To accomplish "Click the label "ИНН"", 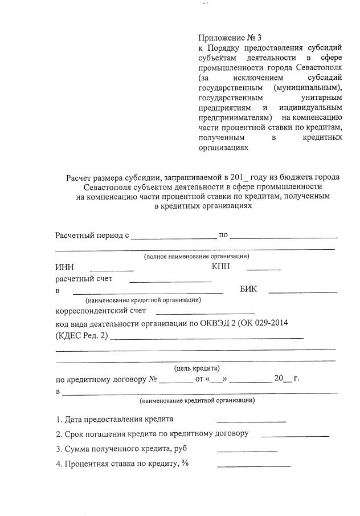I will coord(64,267).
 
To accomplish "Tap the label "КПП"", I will coord(220,267).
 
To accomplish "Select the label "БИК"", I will coord(248,289).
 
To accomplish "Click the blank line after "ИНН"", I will coord(112,269).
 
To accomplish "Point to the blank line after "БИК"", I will coord(302,291).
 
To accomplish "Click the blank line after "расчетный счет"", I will coord(170,281).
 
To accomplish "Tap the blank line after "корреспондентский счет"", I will coord(205,313).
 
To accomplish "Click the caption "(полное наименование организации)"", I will coord(196,256).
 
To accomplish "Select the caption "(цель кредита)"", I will coord(196,368).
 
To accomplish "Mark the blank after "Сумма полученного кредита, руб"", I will coord(247,451).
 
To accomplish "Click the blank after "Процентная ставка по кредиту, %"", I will coord(253,466).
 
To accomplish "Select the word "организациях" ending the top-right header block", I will coord(224,147).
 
